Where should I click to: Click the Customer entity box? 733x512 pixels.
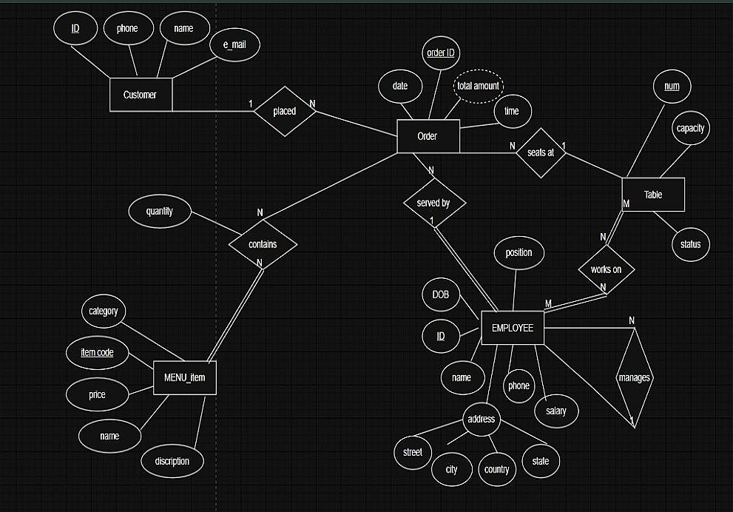click(x=141, y=95)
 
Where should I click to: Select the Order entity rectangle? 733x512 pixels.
click(x=428, y=136)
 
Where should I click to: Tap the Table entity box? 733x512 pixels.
click(x=653, y=195)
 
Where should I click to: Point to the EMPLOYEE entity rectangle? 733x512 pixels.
click(x=512, y=328)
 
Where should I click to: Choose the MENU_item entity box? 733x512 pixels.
click(x=184, y=380)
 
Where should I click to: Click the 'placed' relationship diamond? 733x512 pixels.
click(x=284, y=112)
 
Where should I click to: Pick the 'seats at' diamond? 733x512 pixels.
click(x=541, y=152)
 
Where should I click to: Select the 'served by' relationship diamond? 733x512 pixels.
click(x=435, y=203)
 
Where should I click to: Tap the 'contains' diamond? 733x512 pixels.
click(x=263, y=243)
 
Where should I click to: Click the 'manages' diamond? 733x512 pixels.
click(x=634, y=377)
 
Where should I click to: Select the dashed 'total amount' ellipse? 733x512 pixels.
click(x=478, y=86)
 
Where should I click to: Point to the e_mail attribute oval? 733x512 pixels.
click(x=234, y=45)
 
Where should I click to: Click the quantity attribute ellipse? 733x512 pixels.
click(x=160, y=212)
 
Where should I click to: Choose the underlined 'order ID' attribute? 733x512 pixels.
click(x=442, y=53)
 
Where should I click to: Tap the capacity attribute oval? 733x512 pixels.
click(x=690, y=128)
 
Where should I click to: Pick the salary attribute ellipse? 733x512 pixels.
click(x=555, y=411)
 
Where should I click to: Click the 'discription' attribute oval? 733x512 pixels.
click(x=172, y=461)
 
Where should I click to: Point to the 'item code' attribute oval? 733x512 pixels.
click(x=98, y=352)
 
